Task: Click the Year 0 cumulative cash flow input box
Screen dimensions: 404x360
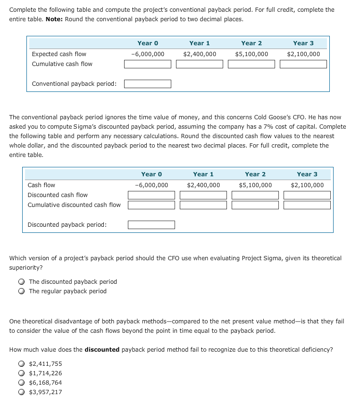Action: point(148,64)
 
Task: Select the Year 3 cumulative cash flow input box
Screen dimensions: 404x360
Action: point(303,64)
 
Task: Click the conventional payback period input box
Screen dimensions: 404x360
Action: point(148,84)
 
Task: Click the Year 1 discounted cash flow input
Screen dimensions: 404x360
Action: point(203,195)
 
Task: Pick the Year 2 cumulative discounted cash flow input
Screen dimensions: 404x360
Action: point(255,205)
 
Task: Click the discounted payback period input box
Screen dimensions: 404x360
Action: point(151,225)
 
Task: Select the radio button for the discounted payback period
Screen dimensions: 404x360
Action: point(22,282)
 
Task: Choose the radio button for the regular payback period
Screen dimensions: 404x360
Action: point(22,291)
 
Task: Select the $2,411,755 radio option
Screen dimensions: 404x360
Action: point(22,364)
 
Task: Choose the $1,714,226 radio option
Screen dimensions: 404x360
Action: point(22,373)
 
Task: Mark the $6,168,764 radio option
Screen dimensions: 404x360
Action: point(22,383)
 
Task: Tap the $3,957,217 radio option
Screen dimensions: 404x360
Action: point(22,392)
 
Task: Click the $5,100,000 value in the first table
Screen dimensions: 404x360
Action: point(251,54)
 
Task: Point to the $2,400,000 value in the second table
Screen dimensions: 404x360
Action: point(203,185)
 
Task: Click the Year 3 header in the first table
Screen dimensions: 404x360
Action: point(303,43)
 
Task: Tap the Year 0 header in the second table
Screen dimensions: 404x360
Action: point(151,174)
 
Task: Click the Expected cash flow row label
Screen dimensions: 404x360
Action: point(59,54)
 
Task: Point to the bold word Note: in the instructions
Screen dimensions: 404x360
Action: point(54,19)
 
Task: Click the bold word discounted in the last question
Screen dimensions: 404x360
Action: point(101,350)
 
